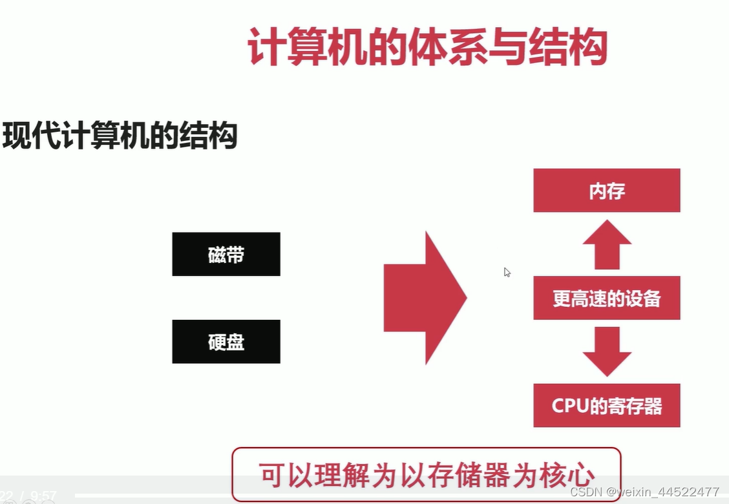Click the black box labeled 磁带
pyautogui.click(x=226, y=254)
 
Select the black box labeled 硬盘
pyautogui.click(x=226, y=341)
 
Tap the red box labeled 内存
pyautogui.click(x=606, y=191)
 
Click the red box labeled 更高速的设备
pyautogui.click(x=606, y=298)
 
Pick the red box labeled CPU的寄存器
pyautogui.click(x=606, y=405)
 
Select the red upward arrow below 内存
pyautogui.click(x=607, y=244)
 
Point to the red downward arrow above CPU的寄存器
pyautogui.click(x=607, y=352)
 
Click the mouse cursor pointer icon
pyautogui.click(x=507, y=272)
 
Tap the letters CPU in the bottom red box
pyautogui.click(x=567, y=406)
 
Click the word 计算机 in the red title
pyautogui.click(x=307, y=47)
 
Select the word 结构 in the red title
pyautogui.click(x=568, y=47)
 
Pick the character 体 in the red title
pyautogui.click(x=427, y=47)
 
